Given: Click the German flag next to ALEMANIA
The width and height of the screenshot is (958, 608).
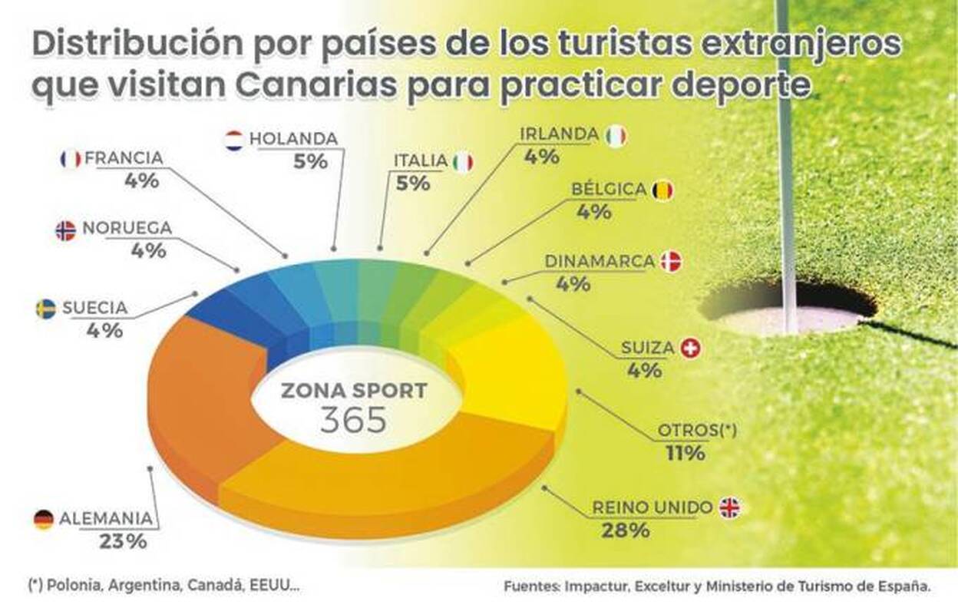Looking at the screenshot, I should (x=44, y=520).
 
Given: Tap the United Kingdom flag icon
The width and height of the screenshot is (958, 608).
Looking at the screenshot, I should (x=730, y=507).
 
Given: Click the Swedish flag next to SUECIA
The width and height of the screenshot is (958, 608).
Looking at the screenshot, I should (x=45, y=309).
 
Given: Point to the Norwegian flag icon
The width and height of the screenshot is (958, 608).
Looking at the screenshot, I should (x=66, y=230).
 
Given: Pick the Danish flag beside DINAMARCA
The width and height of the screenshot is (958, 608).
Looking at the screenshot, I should (x=672, y=261).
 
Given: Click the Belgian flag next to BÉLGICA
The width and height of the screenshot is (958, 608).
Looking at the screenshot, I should (x=662, y=190).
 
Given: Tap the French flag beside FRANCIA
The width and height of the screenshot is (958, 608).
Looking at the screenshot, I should (x=70, y=159).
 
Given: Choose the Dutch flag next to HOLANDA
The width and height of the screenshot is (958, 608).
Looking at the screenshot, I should (x=233, y=140).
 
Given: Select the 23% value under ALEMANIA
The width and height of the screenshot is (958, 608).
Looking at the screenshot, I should (x=123, y=541).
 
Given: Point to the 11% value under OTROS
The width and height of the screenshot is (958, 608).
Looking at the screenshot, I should (x=686, y=453).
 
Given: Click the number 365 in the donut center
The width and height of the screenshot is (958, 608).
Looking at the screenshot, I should (x=354, y=419).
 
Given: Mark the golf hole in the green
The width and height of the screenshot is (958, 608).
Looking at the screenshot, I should (x=787, y=307).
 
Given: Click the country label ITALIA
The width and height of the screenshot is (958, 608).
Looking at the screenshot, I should (x=421, y=160).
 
